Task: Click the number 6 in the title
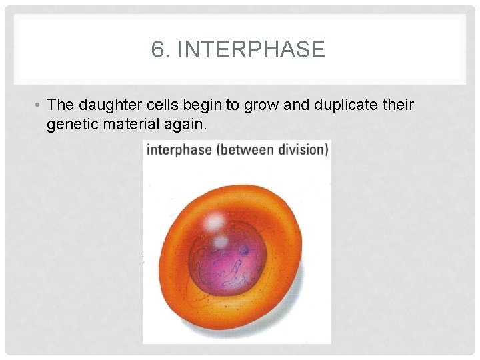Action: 159,50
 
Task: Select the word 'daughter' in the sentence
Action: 107,105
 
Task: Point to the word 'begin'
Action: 197,105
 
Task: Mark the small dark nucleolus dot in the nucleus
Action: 243,251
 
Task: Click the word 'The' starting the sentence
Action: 61,105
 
